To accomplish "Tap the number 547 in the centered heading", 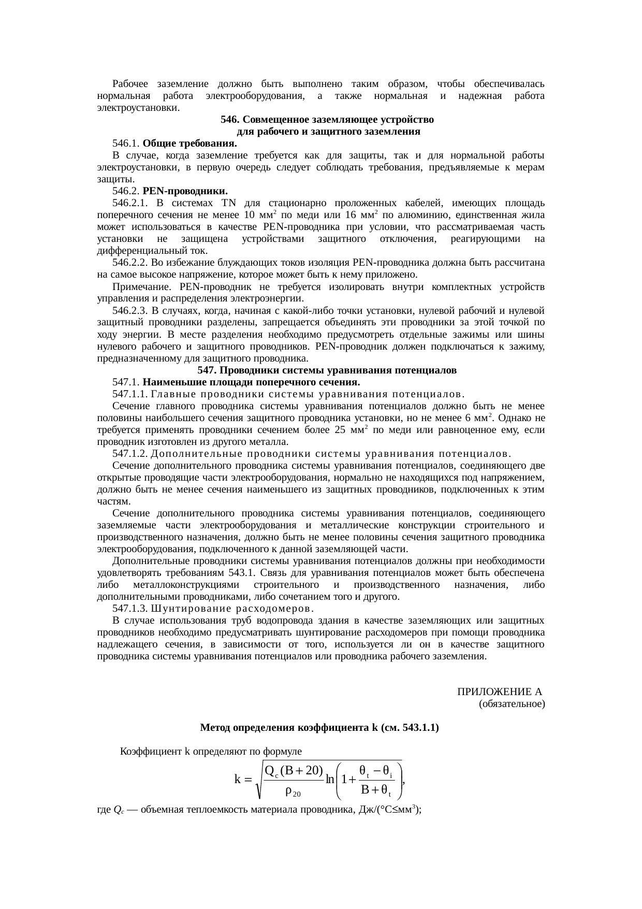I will click(x=206, y=370).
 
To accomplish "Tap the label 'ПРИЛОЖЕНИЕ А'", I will click(x=500, y=692).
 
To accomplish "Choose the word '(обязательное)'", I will click(x=512, y=704).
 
